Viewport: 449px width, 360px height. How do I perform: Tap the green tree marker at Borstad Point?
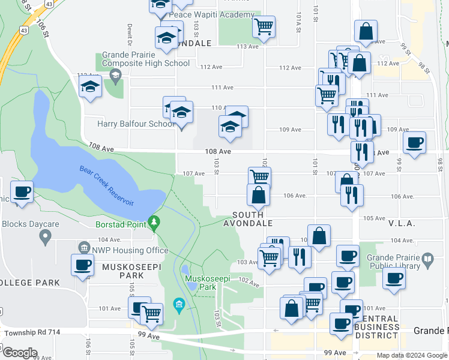[x=155, y=223]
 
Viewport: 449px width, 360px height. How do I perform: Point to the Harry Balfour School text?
[x=128, y=125]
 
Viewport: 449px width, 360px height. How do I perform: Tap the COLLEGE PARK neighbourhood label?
[x=30, y=282]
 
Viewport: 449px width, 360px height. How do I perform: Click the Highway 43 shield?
[x=23, y=29]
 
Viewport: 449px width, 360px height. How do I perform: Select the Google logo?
[x=20, y=352]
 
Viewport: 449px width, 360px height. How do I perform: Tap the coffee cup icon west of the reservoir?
[x=22, y=192]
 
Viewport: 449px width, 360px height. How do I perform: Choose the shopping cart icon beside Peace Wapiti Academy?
[x=264, y=26]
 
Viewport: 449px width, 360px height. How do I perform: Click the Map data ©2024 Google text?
[x=411, y=355]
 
